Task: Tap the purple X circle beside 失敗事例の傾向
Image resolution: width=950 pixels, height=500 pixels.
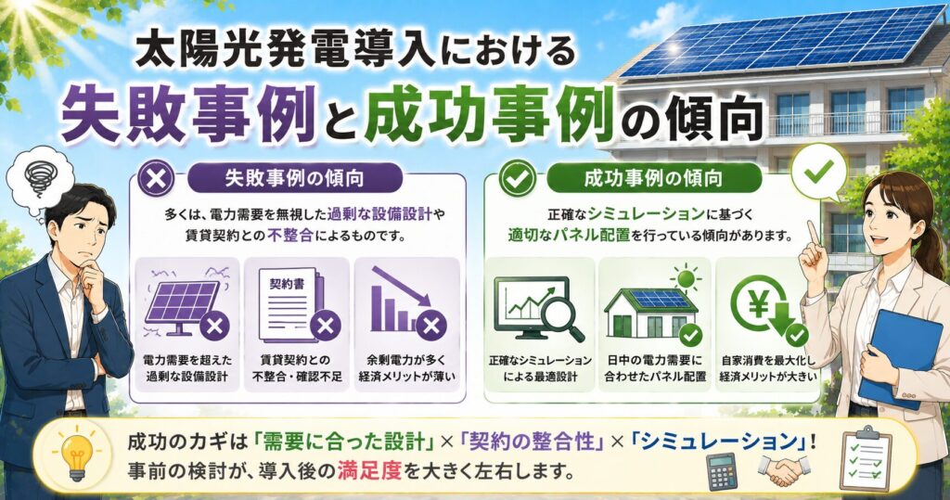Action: tap(156, 179)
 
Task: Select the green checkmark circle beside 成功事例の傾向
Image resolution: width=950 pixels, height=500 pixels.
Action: tap(517, 179)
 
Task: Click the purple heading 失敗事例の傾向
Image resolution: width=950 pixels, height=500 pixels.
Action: tap(294, 179)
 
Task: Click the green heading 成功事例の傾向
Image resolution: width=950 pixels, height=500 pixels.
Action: tap(653, 178)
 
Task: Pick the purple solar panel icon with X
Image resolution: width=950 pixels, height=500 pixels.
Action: tap(185, 306)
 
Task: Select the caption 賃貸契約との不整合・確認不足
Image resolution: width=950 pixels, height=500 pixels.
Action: tap(297, 368)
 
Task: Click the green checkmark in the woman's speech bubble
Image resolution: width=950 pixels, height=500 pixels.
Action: tap(818, 172)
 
